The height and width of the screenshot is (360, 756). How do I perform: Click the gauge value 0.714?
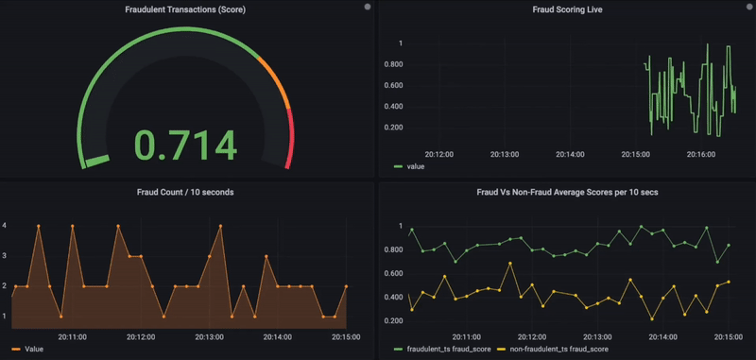tap(185, 145)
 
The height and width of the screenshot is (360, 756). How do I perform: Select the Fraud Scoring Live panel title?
tap(568, 9)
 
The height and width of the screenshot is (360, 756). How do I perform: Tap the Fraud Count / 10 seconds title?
tap(185, 192)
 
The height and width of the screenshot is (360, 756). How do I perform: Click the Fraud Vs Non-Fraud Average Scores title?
tap(568, 192)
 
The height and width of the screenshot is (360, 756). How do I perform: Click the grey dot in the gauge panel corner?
tap(368, 7)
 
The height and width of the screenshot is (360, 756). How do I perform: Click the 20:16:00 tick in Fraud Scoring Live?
tap(700, 153)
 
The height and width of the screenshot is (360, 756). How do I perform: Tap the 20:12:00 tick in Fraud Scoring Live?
tap(438, 153)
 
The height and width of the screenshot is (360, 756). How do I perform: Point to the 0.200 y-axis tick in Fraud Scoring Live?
tap(393, 127)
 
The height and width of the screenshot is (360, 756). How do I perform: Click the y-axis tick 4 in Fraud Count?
tap(6, 226)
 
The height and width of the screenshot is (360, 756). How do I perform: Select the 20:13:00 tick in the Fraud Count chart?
tap(209, 335)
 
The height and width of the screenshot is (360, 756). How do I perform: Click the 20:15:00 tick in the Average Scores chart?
tap(728, 335)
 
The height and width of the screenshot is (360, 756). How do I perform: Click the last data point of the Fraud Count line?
tap(346, 286)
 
